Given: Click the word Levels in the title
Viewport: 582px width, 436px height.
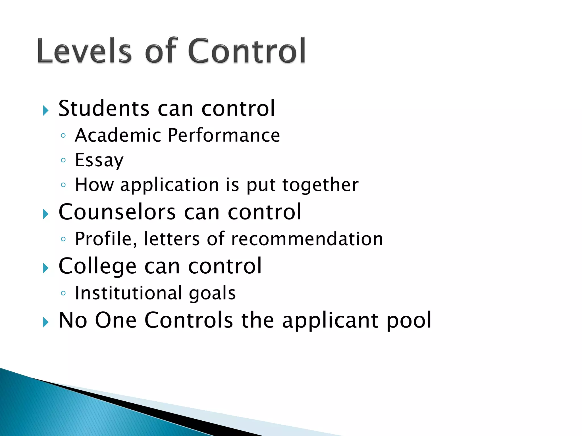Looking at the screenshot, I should tap(84, 51).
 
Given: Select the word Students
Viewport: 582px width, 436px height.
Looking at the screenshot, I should tap(104, 108).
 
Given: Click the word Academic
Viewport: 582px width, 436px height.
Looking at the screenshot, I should tap(118, 135).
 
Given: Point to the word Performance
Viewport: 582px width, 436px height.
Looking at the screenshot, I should tap(224, 135).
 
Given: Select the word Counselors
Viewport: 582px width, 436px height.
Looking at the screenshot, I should tap(117, 212).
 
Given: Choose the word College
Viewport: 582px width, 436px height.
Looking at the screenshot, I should tap(97, 266).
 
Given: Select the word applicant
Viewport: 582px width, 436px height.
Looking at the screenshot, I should tap(330, 320).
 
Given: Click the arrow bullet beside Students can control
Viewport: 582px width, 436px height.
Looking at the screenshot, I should tap(46, 110).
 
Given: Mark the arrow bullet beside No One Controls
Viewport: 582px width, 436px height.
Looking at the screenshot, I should tap(46, 322).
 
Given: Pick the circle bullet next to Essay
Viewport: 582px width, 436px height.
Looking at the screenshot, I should tap(63, 160).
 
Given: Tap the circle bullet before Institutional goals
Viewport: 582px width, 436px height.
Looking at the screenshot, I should tap(63, 293).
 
